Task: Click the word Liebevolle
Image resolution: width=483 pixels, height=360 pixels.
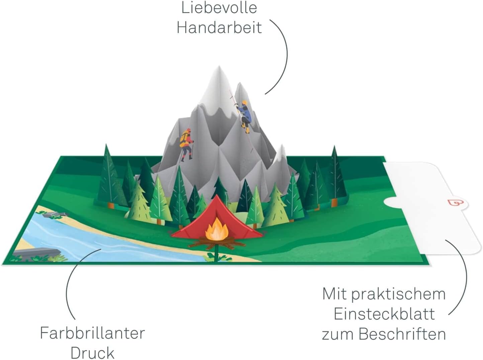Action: point(219,8)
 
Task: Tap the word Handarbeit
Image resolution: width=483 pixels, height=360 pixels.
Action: point(219,27)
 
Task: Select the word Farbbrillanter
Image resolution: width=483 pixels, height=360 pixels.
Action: point(92,333)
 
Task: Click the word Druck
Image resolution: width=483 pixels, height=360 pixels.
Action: point(93,353)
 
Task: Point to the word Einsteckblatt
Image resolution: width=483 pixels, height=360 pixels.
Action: point(384,314)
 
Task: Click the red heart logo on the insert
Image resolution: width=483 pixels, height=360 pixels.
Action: point(454,202)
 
